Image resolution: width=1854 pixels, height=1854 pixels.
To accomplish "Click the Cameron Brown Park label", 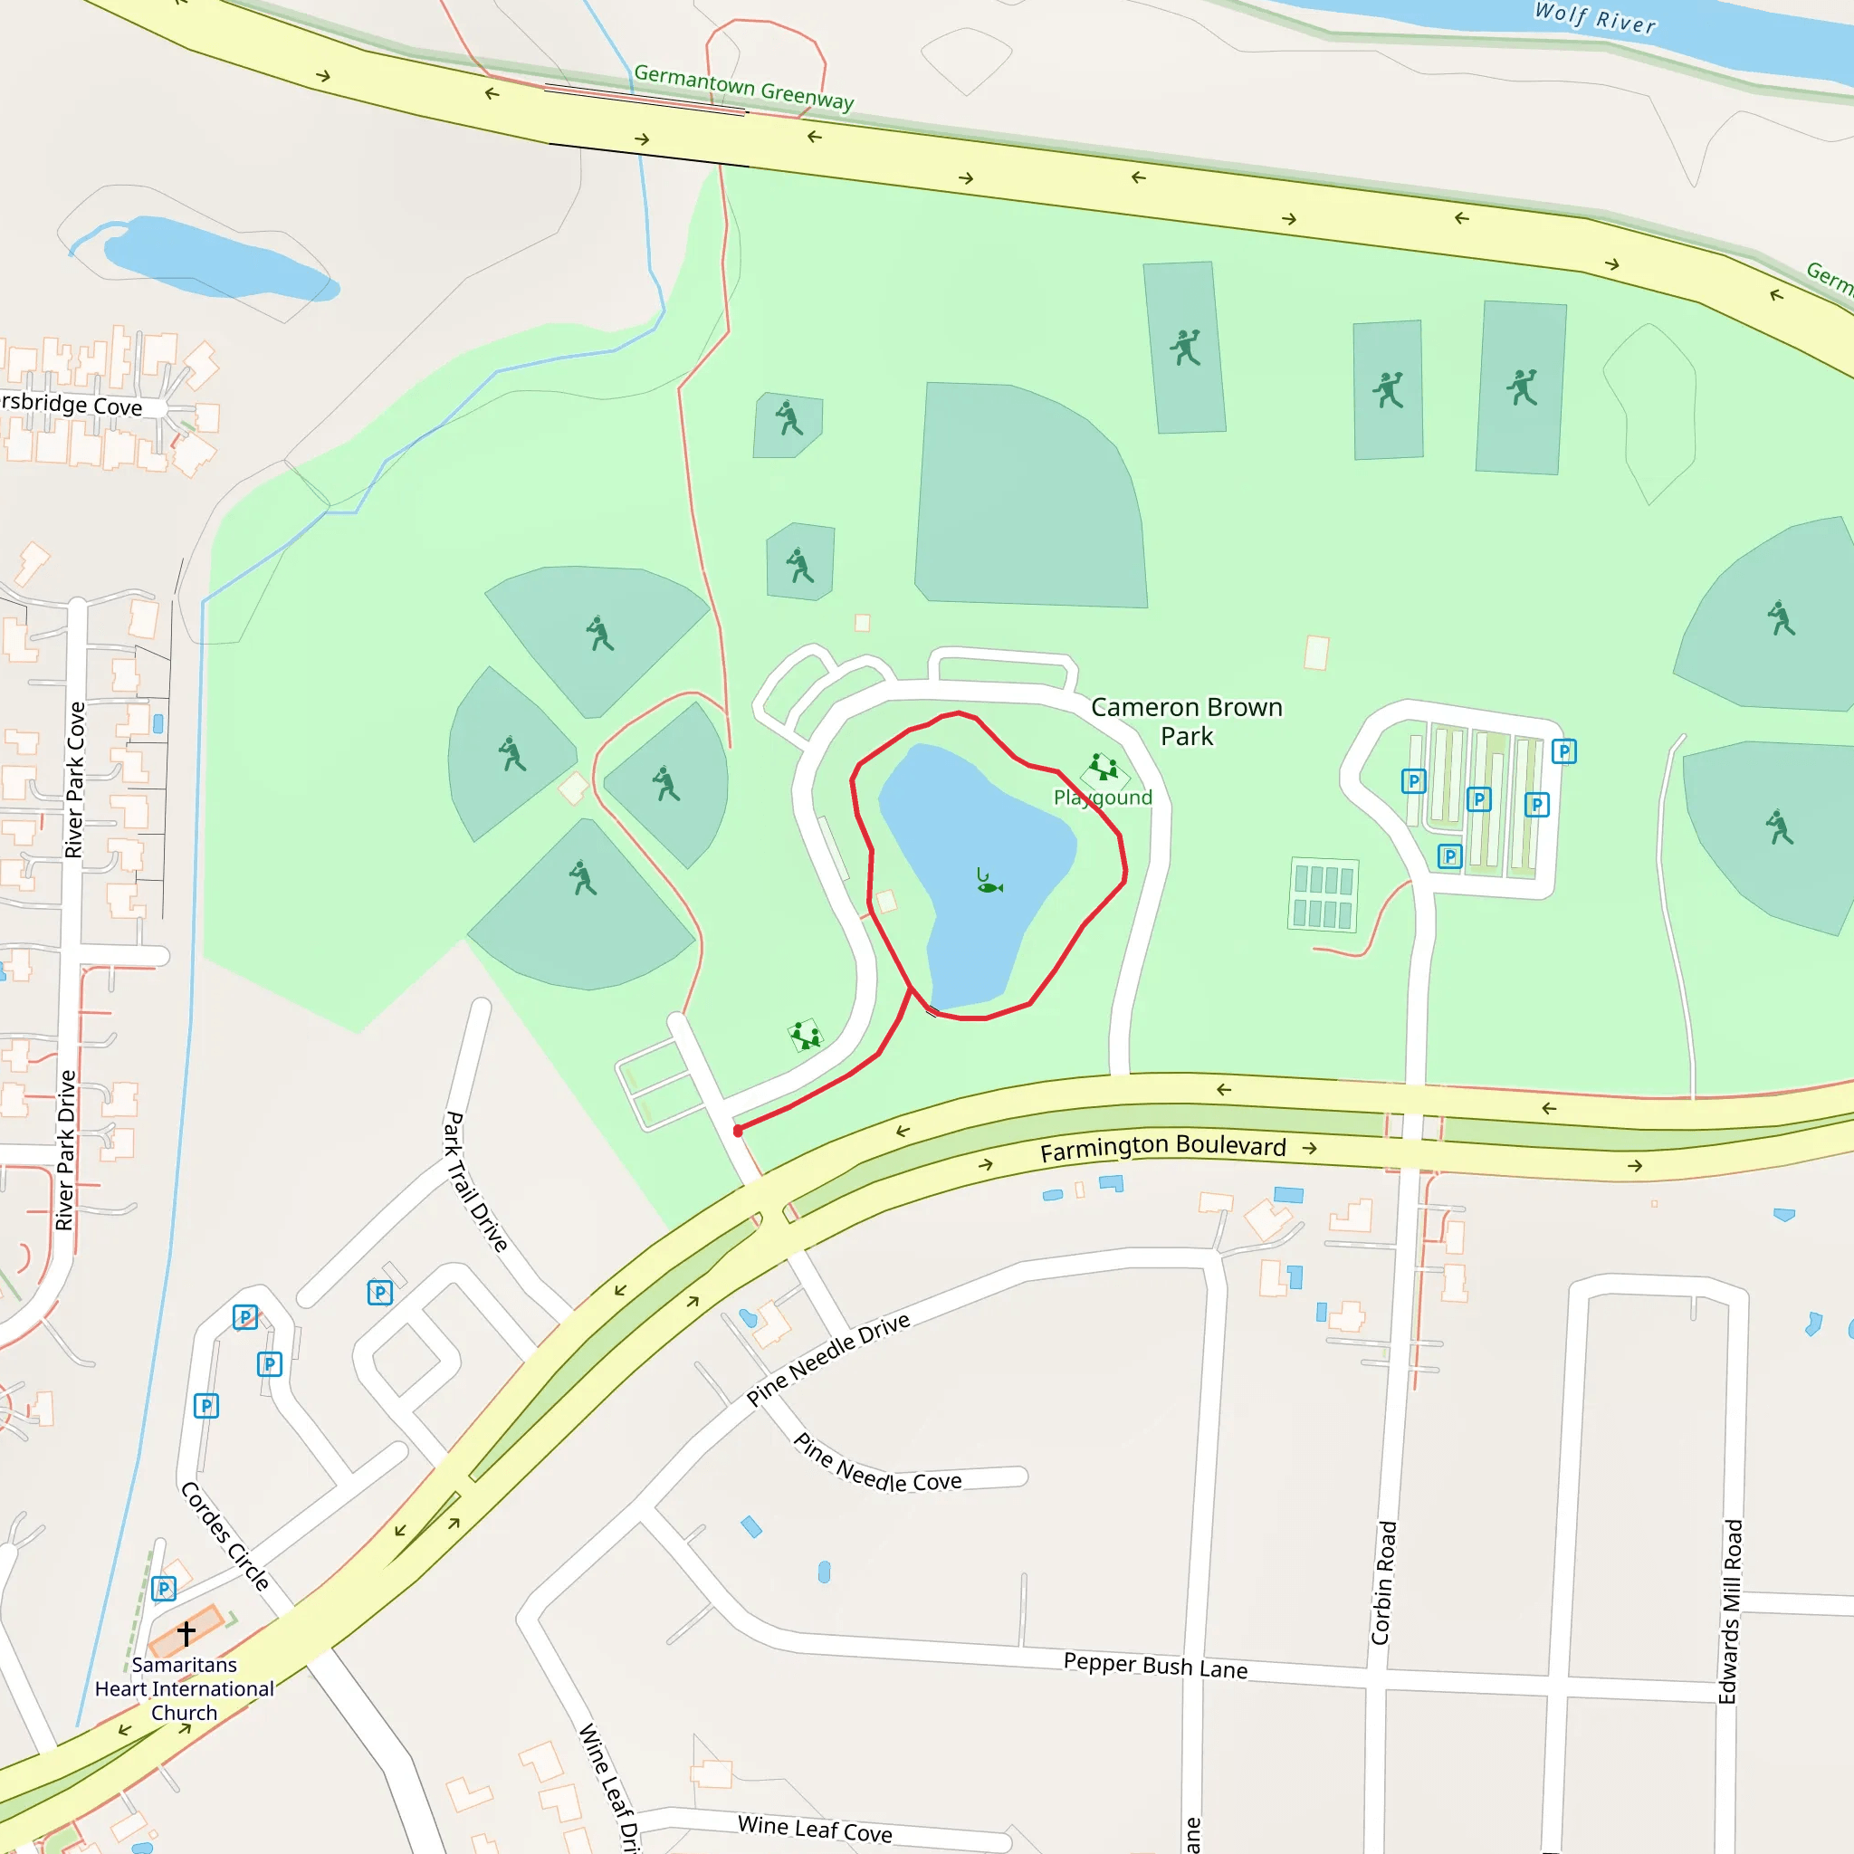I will point(1186,722).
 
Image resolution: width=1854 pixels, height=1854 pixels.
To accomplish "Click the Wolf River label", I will point(1595,18).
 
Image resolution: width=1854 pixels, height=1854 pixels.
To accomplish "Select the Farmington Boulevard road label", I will point(1163,1148).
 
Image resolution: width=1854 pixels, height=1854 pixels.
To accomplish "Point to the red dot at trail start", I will point(738,1132).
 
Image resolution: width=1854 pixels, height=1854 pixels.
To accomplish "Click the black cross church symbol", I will point(186,1632).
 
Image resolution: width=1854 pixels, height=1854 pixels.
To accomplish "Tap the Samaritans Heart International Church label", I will point(185,1689).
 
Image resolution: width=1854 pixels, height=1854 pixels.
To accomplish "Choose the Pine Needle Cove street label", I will point(877,1465).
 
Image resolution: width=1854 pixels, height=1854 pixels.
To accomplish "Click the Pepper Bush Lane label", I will point(1155,1665).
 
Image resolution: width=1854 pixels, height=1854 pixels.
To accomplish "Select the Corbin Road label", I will point(1383,1582).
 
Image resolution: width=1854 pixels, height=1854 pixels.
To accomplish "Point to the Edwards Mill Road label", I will point(1729,1611).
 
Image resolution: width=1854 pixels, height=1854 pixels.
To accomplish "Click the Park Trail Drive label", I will point(475,1182).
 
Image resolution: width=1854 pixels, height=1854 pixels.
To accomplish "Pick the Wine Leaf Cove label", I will point(815,1828).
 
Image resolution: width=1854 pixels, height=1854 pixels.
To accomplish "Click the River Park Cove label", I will point(75,779).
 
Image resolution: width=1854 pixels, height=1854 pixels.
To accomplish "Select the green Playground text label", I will point(1103,798).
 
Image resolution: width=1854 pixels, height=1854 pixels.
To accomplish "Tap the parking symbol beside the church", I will point(164,1589).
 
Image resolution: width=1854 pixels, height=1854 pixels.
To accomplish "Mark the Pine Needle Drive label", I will point(828,1359).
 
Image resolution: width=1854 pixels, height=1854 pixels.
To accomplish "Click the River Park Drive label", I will point(65,1150).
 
